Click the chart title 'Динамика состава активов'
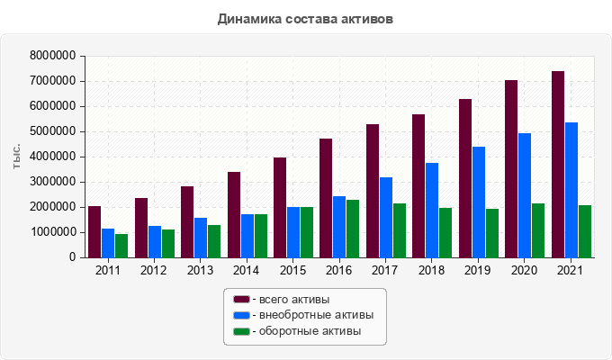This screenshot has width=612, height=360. point(305,18)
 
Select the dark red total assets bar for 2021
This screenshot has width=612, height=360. point(558,164)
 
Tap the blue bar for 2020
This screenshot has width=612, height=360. point(525,195)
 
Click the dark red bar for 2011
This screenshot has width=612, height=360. point(94,232)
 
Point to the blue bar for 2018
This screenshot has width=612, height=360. point(432,210)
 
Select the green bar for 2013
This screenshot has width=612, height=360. point(214,241)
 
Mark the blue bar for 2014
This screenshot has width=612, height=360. point(247,236)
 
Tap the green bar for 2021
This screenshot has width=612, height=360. point(584,231)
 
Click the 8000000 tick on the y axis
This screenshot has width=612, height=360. point(53,56)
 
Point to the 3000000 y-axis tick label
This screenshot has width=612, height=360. point(53,182)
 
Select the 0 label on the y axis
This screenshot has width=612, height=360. point(71,257)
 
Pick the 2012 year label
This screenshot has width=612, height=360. point(154,271)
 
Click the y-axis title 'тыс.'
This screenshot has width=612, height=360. point(17,157)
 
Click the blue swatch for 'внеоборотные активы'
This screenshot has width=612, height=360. point(241,315)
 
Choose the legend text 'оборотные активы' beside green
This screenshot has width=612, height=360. point(310,331)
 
